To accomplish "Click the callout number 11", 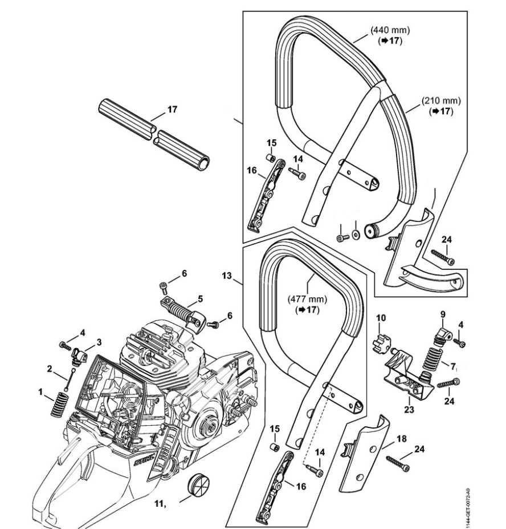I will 160,504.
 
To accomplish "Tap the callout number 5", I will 200,298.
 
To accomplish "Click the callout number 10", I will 381,317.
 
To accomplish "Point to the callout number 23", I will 408,409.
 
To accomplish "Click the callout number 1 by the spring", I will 40,393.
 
